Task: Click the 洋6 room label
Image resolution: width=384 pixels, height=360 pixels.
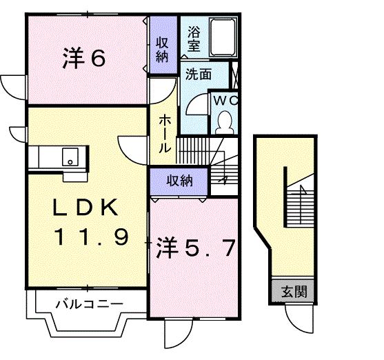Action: pos(85,59)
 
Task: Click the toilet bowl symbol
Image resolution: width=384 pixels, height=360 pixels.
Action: pos(224,123)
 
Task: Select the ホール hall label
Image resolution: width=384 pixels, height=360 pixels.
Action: pos(165,133)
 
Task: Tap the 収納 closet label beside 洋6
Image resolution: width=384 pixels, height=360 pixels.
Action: pos(162,48)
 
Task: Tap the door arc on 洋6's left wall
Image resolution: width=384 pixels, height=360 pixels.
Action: pos(12,86)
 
